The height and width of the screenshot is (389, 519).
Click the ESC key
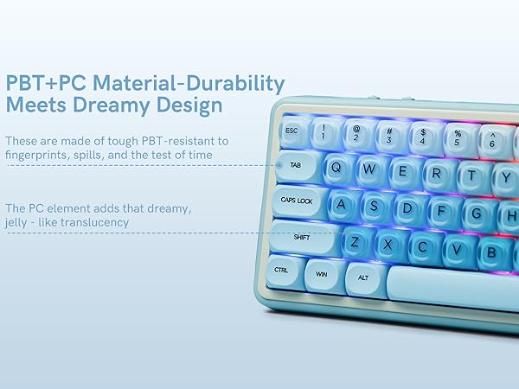point(292,131)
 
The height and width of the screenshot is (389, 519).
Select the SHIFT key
point(303,236)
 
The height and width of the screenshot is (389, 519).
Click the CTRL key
point(283,270)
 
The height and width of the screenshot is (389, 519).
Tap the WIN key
point(323,275)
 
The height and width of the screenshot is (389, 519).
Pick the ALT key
point(364,278)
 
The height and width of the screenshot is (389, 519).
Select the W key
point(369,169)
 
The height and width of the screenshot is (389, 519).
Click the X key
point(388,245)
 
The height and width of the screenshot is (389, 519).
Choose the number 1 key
point(324,133)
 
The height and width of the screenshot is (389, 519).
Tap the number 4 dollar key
point(422,137)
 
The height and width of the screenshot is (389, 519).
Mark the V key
point(455,249)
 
